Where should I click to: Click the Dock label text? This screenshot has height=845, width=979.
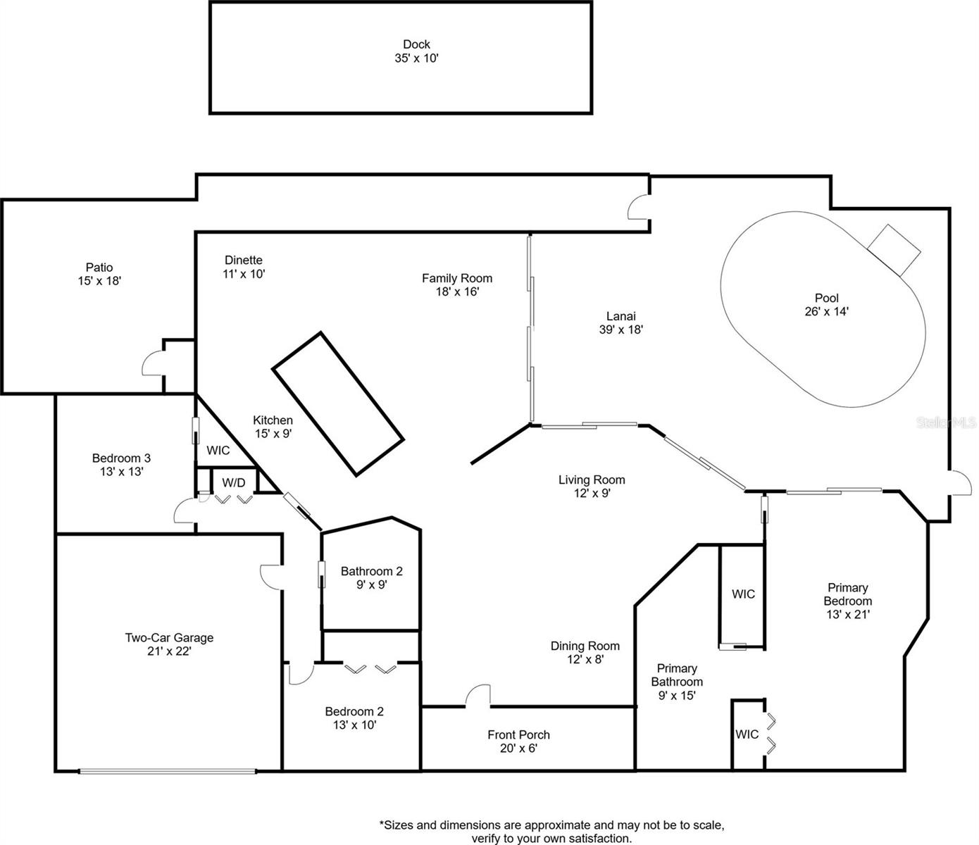(416, 44)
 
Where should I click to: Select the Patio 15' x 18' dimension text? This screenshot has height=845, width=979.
(99, 281)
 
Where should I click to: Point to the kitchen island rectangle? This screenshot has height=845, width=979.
(337, 403)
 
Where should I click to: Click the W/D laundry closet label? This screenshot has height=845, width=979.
(234, 482)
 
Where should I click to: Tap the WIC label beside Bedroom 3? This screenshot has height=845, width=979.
(218, 450)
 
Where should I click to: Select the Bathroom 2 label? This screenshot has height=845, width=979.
(371, 571)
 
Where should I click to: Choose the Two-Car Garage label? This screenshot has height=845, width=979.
(169, 638)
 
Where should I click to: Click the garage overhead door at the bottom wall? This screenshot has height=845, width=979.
(167, 771)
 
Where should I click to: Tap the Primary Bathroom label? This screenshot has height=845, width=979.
(677, 675)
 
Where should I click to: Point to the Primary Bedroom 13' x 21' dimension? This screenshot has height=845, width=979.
(848, 614)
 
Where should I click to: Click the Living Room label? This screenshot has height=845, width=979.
(592, 480)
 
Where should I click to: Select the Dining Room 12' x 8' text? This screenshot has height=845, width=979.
(585, 660)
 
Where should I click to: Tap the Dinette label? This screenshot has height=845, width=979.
(244, 260)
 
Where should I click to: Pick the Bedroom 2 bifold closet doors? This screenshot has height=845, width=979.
(370, 668)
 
